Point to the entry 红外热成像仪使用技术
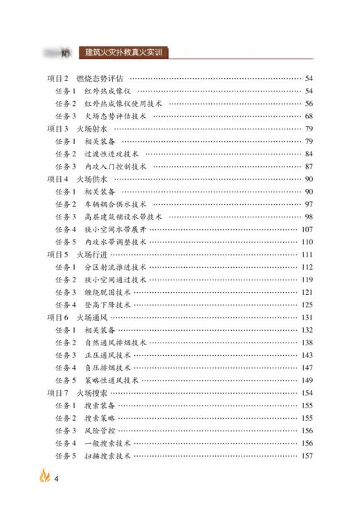point(123,103)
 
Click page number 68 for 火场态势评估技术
point(309,116)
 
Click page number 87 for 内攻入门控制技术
point(309,166)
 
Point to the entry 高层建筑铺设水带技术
point(119,217)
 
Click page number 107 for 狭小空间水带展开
point(307,229)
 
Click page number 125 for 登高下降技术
point(307,305)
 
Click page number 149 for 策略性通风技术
point(307,380)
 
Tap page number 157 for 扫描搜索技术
point(307,455)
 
